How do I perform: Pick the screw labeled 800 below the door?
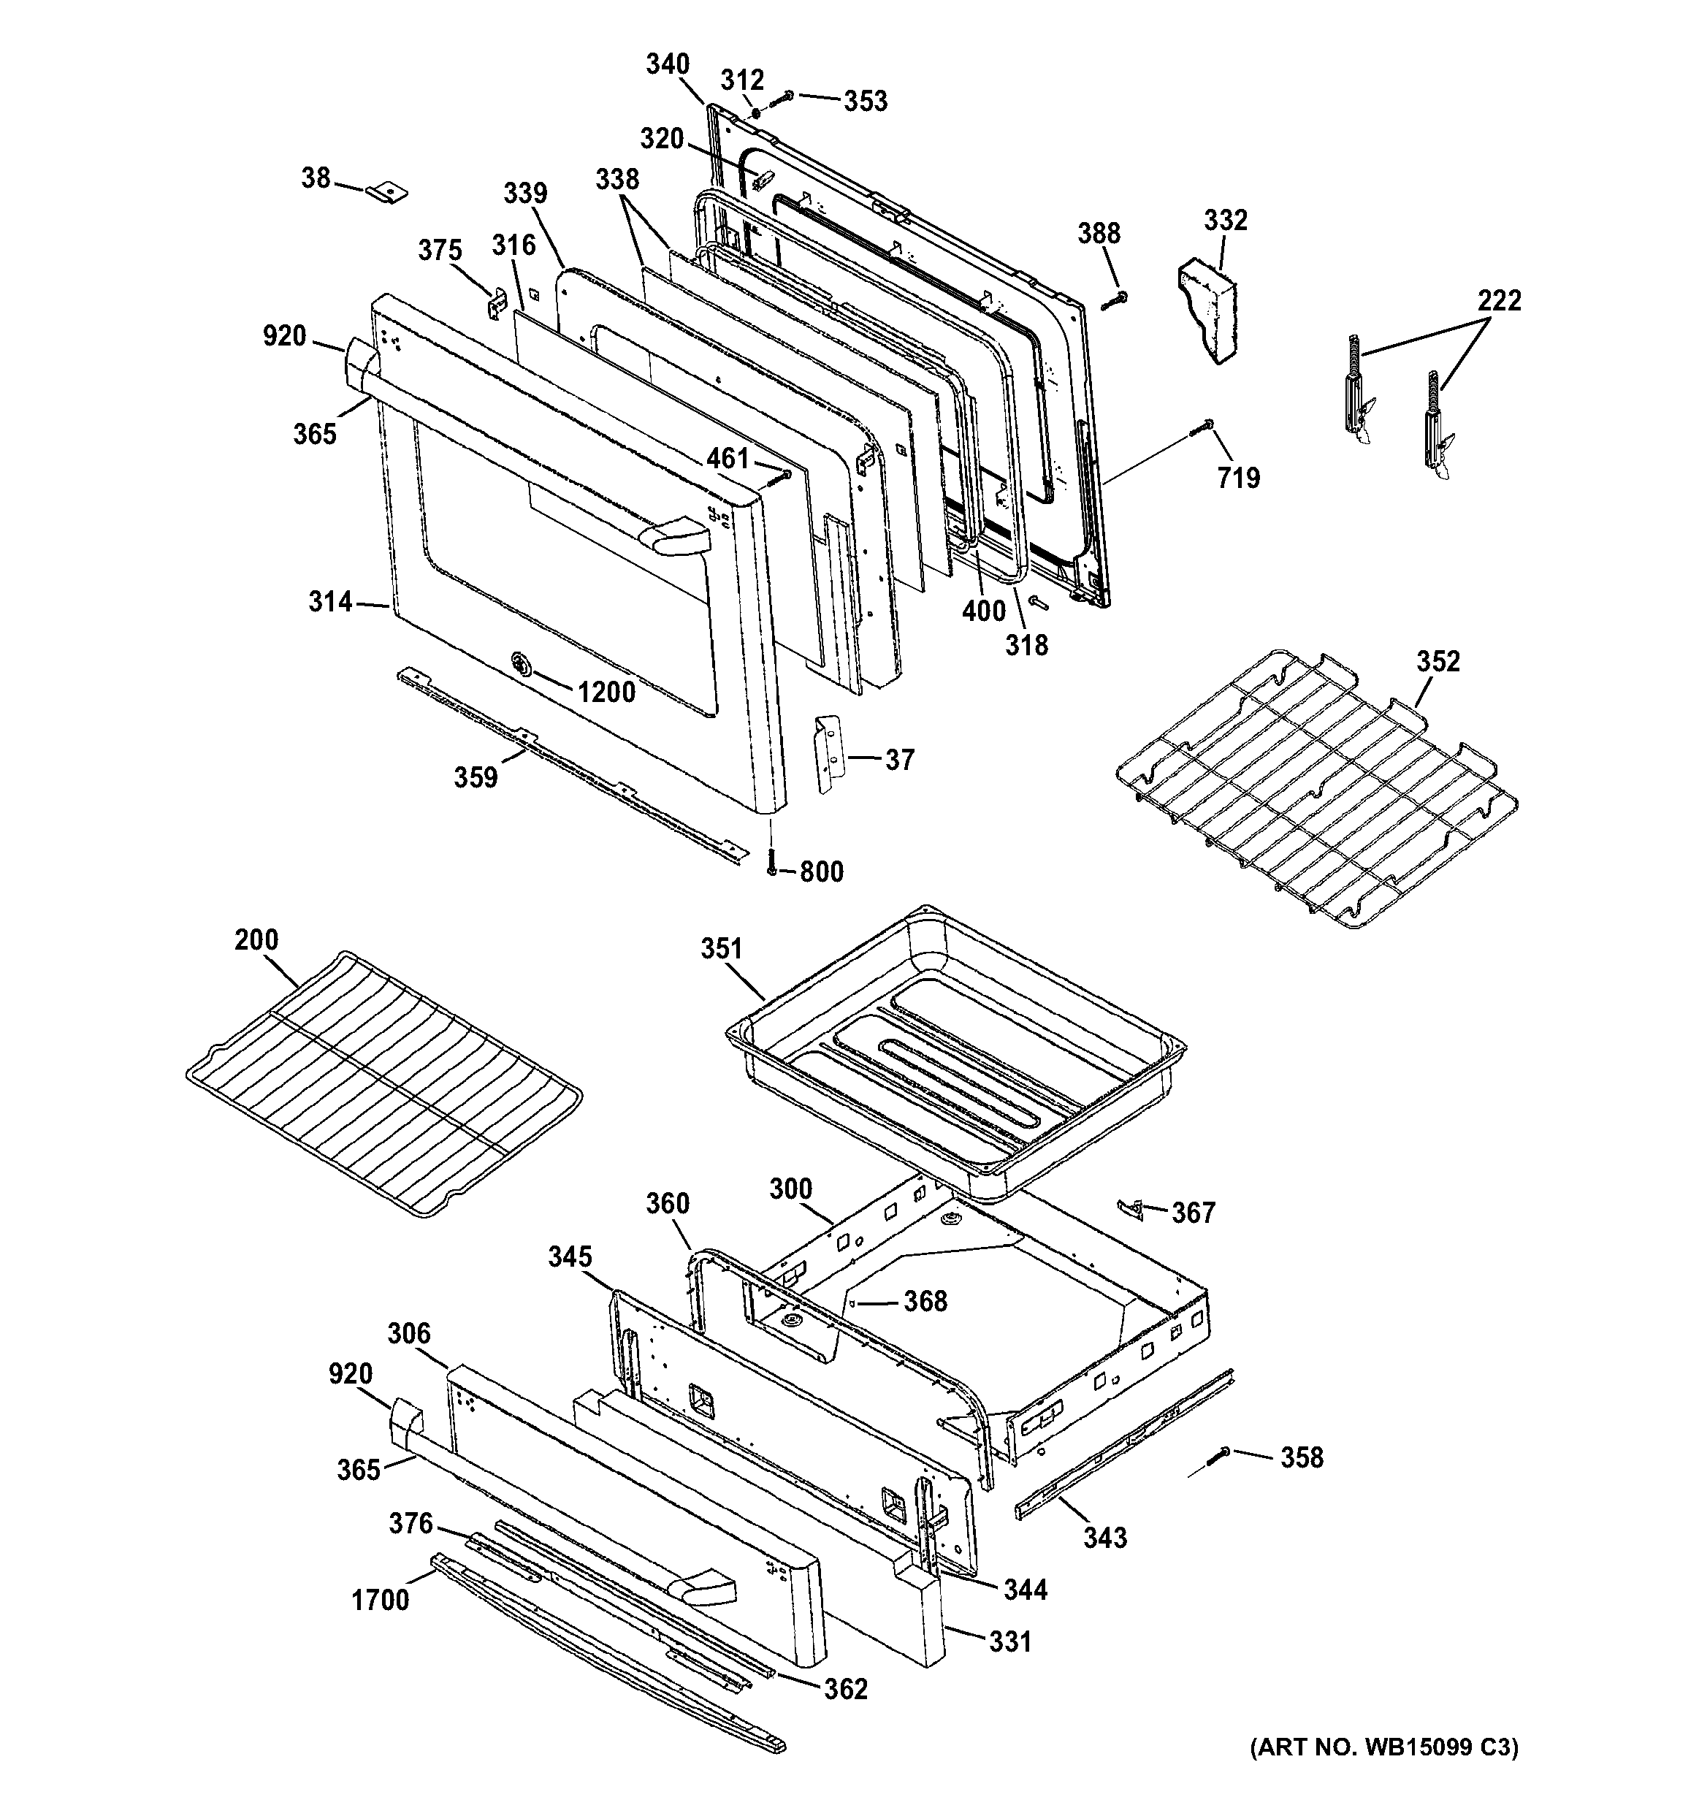click(771, 862)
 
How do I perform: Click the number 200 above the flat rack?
click(256, 939)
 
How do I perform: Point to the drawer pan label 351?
click(721, 949)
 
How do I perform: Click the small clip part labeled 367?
click(1129, 1207)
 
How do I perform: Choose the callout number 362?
click(845, 1689)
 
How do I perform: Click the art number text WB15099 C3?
click(1383, 1771)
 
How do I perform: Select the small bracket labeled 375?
click(497, 304)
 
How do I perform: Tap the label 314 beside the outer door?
click(329, 601)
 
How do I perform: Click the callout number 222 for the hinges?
click(1498, 300)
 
